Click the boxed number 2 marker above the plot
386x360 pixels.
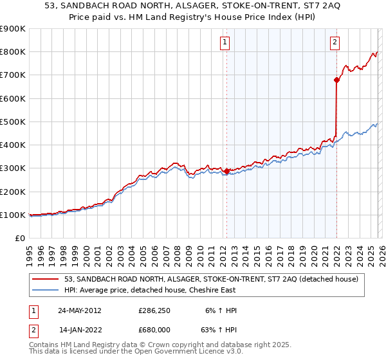(336, 43)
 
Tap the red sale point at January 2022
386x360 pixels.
(336, 80)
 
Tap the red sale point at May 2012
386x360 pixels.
(226, 172)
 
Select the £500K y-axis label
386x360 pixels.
(13, 122)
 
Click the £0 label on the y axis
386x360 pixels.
(20, 238)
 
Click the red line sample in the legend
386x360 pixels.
(46, 279)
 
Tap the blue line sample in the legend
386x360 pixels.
(46, 290)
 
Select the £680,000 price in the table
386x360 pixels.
(154, 329)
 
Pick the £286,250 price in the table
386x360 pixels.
(154, 310)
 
